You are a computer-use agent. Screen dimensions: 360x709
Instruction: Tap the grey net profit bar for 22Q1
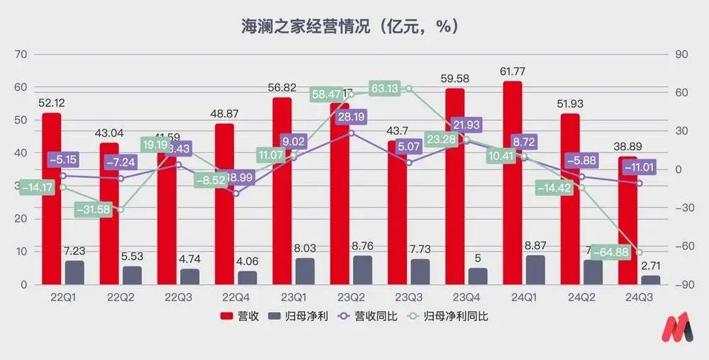tap(74, 272)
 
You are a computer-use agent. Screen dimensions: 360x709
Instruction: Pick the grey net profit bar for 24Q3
tap(650, 280)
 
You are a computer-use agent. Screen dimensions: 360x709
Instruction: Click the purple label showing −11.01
tap(640, 167)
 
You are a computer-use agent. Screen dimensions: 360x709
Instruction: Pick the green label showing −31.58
tap(94, 210)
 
